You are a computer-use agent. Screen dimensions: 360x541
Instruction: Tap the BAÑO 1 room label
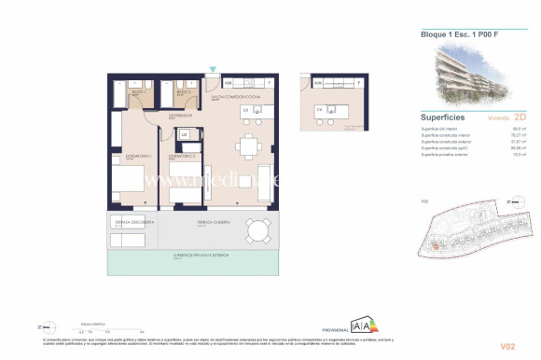(136, 92)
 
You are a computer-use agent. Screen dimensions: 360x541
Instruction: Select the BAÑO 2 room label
(184, 92)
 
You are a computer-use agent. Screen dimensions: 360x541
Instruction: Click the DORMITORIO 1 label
(126, 155)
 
